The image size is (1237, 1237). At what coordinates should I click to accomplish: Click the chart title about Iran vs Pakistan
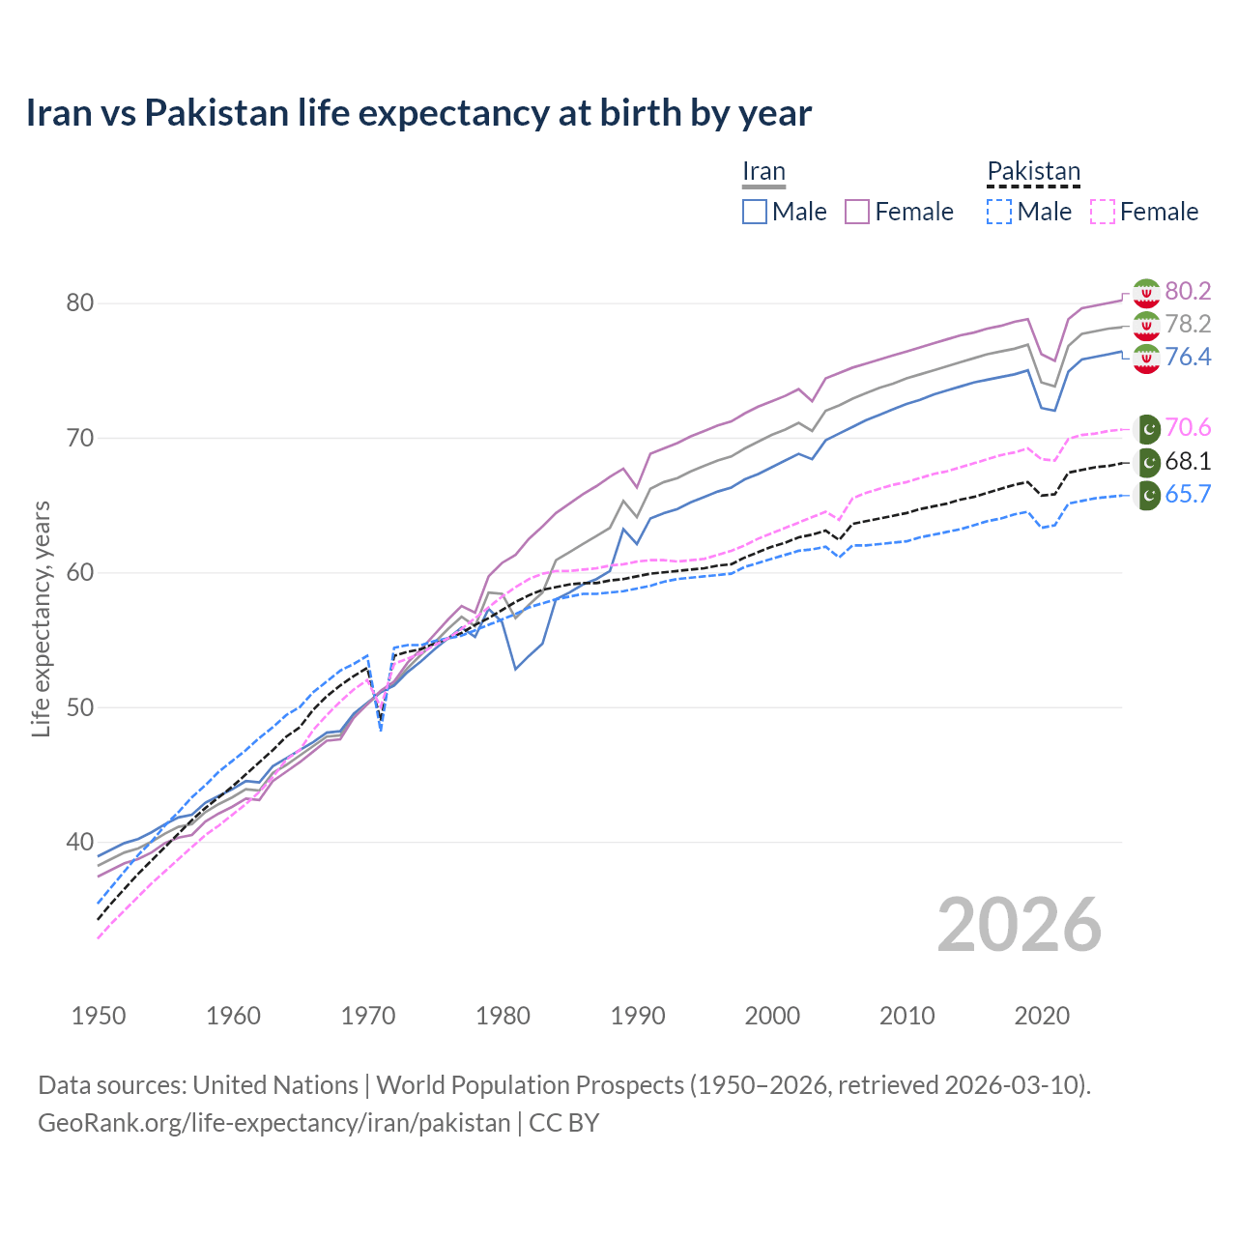(418, 113)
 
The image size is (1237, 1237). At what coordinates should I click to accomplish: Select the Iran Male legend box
(755, 212)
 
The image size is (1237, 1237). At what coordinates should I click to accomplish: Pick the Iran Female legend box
(858, 212)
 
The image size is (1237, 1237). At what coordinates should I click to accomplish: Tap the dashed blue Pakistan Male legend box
(999, 212)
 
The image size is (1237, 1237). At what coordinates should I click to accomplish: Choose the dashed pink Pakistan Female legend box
(1103, 212)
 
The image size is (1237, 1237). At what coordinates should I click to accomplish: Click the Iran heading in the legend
(763, 172)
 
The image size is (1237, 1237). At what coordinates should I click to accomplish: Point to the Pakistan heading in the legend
(1033, 172)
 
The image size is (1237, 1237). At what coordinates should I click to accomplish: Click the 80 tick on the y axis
(80, 303)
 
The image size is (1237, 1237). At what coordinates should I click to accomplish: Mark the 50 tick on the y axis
(80, 707)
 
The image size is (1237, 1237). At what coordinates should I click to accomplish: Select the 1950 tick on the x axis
(99, 1016)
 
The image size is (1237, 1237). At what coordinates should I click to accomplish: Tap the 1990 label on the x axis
(638, 1016)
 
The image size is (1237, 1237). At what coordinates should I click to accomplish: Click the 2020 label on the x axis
(1042, 1016)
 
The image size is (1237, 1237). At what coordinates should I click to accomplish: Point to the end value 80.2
(1188, 292)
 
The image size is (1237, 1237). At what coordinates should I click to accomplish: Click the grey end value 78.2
(1188, 325)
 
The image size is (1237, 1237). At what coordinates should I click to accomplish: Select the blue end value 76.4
(1188, 358)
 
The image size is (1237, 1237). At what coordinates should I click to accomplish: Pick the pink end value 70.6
(1188, 428)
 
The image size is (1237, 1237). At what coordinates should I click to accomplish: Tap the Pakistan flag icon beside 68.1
(1147, 462)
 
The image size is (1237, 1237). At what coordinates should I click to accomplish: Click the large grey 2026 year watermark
(1020, 925)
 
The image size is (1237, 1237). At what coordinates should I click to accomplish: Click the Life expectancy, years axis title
(42, 618)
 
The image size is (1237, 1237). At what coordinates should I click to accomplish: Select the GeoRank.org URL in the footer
(273, 1123)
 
